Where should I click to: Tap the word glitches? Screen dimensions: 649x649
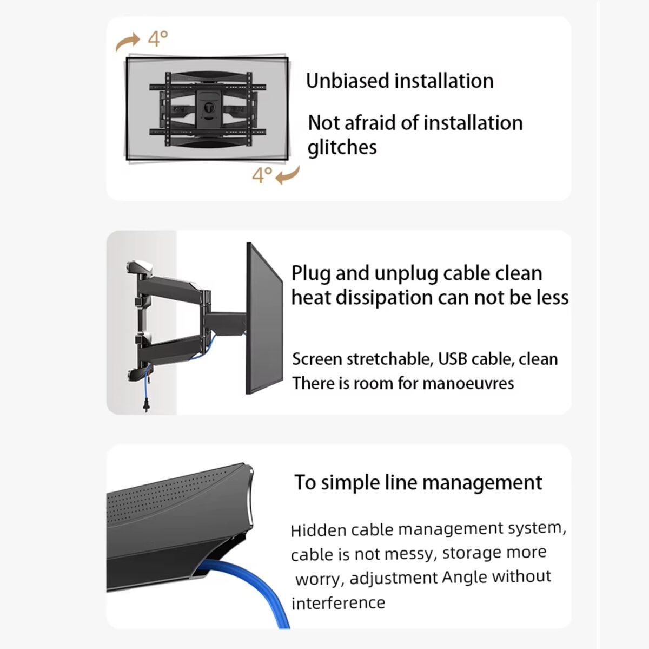click(342, 147)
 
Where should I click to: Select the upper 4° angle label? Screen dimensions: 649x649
click(158, 38)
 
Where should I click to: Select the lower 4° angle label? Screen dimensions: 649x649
click(263, 175)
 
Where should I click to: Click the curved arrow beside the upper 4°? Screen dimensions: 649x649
click(128, 42)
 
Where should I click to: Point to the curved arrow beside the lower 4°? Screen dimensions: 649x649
click(288, 175)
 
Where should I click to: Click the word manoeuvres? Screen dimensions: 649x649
click(468, 383)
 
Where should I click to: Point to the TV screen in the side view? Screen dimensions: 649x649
click(264, 319)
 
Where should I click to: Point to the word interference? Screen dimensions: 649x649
click(339, 603)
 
